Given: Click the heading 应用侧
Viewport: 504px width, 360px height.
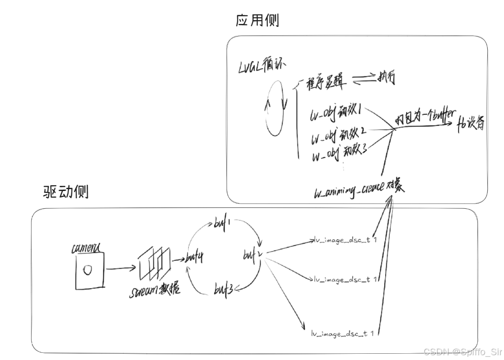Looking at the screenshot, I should [x=257, y=21].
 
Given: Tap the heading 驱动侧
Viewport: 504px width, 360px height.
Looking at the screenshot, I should [x=66, y=192].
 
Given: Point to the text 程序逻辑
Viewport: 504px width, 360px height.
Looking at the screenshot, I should [x=323, y=82].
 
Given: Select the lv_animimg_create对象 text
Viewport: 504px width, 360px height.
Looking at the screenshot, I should [x=359, y=190].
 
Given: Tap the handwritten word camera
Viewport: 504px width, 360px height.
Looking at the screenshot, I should [x=86, y=248].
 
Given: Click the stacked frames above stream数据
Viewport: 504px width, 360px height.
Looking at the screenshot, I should [x=154, y=264].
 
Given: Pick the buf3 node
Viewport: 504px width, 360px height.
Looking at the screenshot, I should [x=224, y=290].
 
